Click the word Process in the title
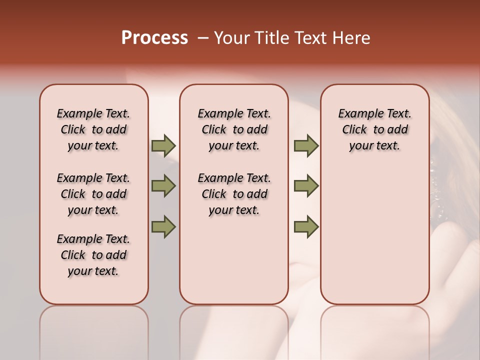tap(154, 38)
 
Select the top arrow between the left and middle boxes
tap(163, 146)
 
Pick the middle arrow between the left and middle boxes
tap(163, 186)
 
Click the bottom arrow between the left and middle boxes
tap(163, 226)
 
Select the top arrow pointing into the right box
tap(306, 146)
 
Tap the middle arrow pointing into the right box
tap(306, 186)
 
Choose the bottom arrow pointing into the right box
tap(306, 226)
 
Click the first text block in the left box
tap(93, 129)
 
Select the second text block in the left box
tap(93, 194)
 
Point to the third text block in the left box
tap(93, 255)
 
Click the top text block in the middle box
tap(234, 129)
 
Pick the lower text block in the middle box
tap(234, 194)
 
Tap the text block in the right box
tap(374, 129)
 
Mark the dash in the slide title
tap(202, 38)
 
